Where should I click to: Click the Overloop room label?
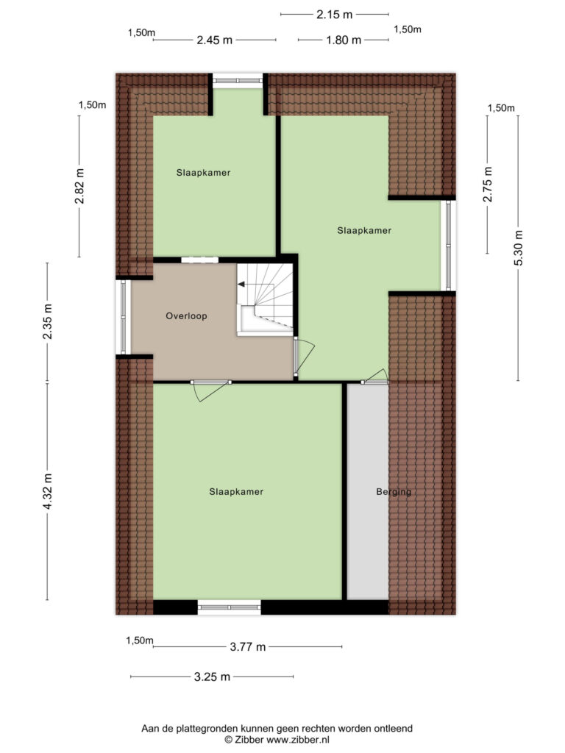click(186, 316)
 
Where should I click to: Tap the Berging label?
click(394, 492)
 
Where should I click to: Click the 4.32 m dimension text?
click(47, 491)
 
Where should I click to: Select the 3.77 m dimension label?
click(247, 647)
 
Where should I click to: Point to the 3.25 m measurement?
click(212, 677)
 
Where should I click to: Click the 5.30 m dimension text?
click(518, 248)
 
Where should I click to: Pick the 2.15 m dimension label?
click(335, 15)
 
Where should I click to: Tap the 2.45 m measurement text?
click(214, 40)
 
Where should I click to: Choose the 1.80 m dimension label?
click(344, 40)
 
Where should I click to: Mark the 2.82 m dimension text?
click(79, 186)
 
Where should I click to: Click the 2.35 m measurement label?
click(47, 321)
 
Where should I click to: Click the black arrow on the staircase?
click(241, 285)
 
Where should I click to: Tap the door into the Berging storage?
click(374, 376)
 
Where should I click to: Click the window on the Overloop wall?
click(124, 317)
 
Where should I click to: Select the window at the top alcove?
click(238, 80)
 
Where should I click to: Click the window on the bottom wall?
click(230, 607)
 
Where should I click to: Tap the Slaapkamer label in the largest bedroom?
click(236, 492)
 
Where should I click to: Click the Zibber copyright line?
click(277, 740)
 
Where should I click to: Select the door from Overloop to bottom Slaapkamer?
click(210, 390)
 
